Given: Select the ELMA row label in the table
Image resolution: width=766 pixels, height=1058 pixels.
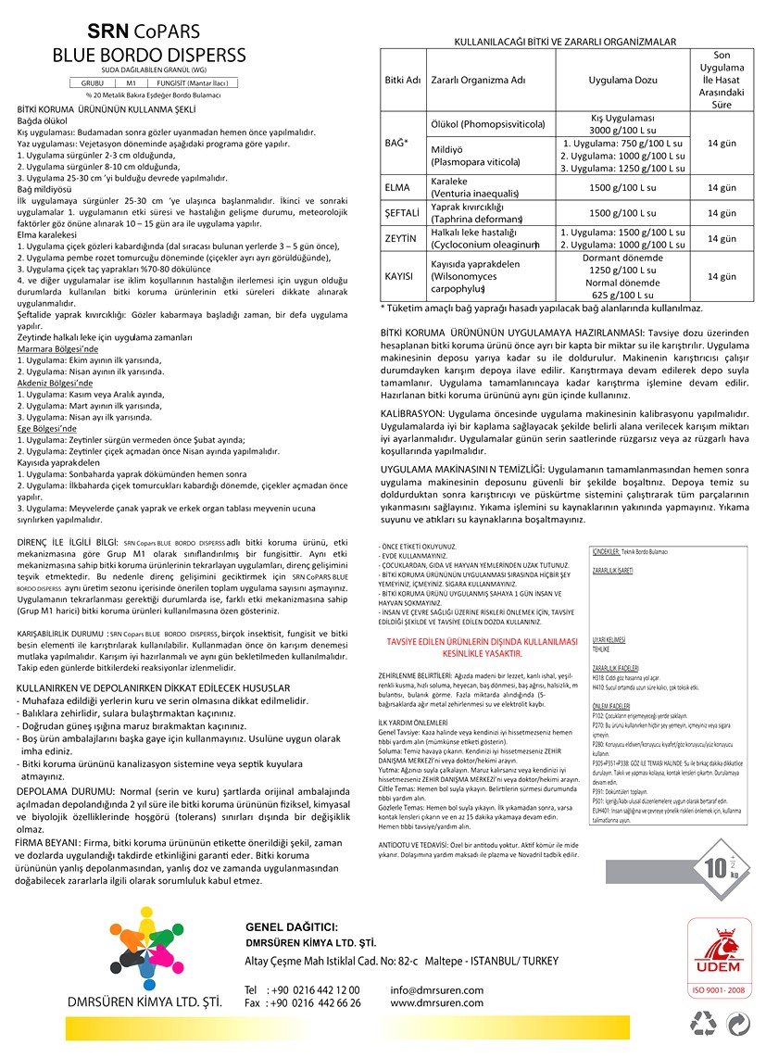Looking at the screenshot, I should pos(397,188).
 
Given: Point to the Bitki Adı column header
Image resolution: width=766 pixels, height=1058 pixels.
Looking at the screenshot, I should pos(402,80).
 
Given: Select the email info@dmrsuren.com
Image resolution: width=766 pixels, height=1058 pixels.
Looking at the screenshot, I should pos(437,989).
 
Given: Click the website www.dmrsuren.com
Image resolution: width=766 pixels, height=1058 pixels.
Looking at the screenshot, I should pos(436,1002).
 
